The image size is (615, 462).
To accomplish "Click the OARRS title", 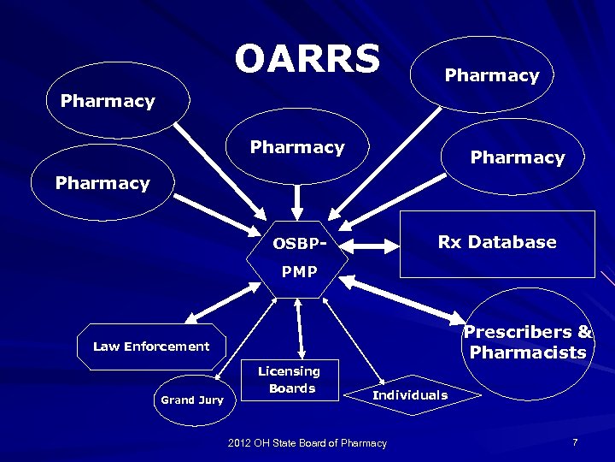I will (307, 59).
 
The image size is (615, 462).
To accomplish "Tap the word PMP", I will (300, 273).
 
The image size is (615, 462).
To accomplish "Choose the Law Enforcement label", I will (151, 346).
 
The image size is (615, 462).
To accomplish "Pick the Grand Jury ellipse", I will (192, 400).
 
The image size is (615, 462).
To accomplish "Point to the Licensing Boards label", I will (290, 380).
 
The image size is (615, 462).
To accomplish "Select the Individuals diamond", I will (410, 395).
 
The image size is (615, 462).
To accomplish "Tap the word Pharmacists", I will (528, 352).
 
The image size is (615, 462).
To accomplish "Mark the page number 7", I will (575, 442).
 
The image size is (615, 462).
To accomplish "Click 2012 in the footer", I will (241, 443).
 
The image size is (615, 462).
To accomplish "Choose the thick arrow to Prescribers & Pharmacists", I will (401, 299).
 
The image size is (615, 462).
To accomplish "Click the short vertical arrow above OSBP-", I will (298, 199).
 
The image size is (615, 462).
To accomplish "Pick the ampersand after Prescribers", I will (585, 332).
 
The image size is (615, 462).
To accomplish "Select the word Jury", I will (210, 400).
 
